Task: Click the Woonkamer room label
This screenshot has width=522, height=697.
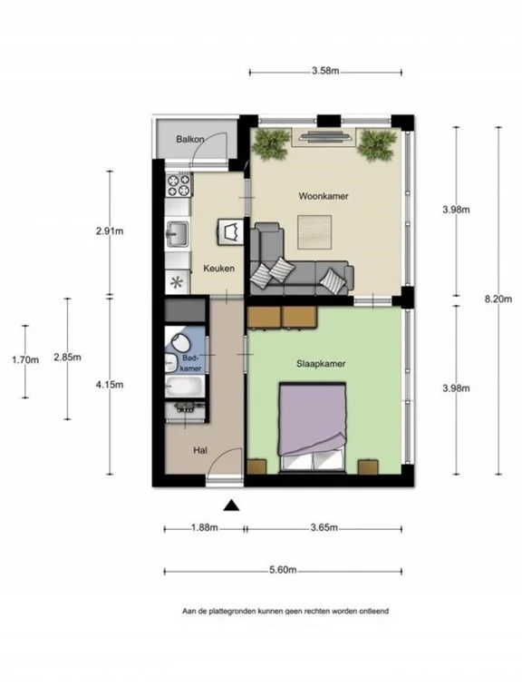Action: [x=324, y=196]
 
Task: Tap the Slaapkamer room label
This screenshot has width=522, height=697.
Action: [x=322, y=363]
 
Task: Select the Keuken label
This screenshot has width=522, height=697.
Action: [x=219, y=269]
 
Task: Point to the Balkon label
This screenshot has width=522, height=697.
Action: [x=189, y=139]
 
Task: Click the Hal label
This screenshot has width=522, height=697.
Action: [x=200, y=450]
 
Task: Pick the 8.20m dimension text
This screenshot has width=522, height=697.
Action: [x=498, y=299]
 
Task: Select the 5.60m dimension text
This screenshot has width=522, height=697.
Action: [x=284, y=571]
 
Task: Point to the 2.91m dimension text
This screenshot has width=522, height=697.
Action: [x=110, y=231]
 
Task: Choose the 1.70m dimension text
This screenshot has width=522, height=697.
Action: [x=25, y=359]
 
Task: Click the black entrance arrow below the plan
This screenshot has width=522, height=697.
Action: [x=232, y=506]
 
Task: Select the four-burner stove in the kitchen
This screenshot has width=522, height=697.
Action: [x=179, y=186]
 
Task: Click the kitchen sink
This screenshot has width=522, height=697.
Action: [x=176, y=235]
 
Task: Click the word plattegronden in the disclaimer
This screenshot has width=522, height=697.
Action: [x=237, y=612]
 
